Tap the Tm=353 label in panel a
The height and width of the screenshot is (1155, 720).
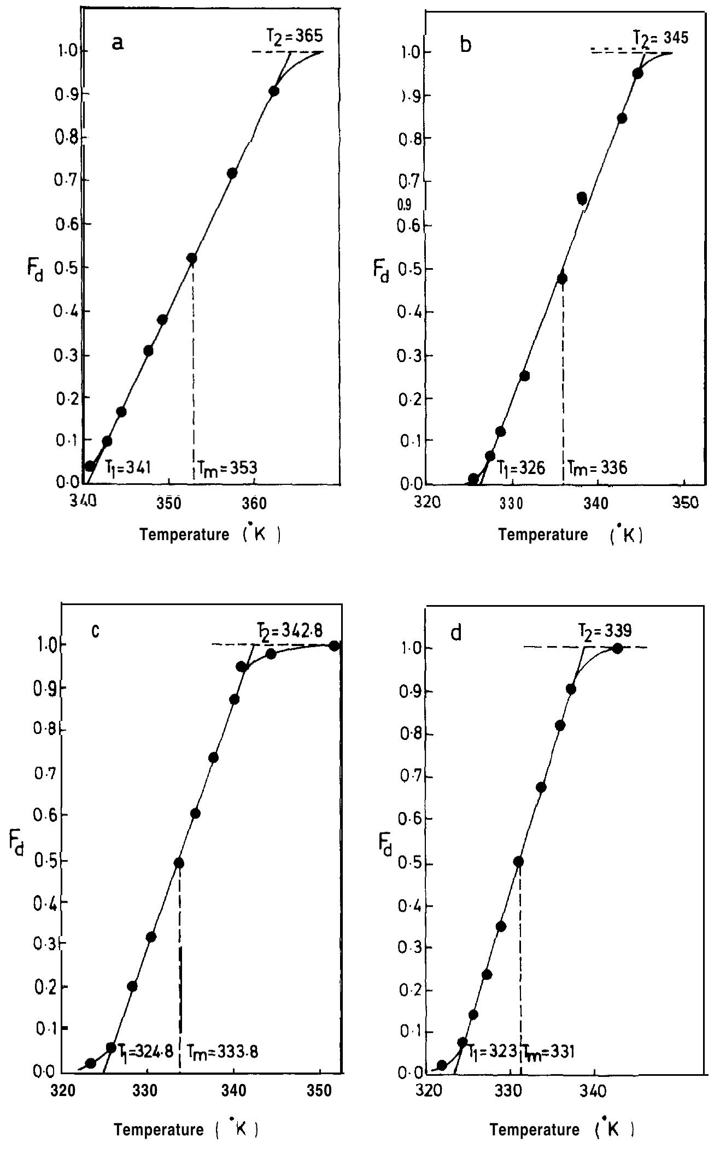(227, 468)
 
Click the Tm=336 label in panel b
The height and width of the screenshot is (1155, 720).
(597, 467)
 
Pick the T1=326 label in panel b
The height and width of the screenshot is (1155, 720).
(520, 468)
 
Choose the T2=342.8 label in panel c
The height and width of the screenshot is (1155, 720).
(290, 630)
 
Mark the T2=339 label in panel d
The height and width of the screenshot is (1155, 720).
(605, 631)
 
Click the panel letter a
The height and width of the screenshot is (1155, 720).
(118, 43)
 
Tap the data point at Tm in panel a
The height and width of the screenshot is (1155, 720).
(192, 258)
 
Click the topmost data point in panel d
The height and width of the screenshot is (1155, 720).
(617, 648)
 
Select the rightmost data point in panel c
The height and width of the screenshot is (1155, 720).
(335, 646)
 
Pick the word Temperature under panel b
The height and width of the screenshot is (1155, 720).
(543, 535)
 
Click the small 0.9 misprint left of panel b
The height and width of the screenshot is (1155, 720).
(405, 206)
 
